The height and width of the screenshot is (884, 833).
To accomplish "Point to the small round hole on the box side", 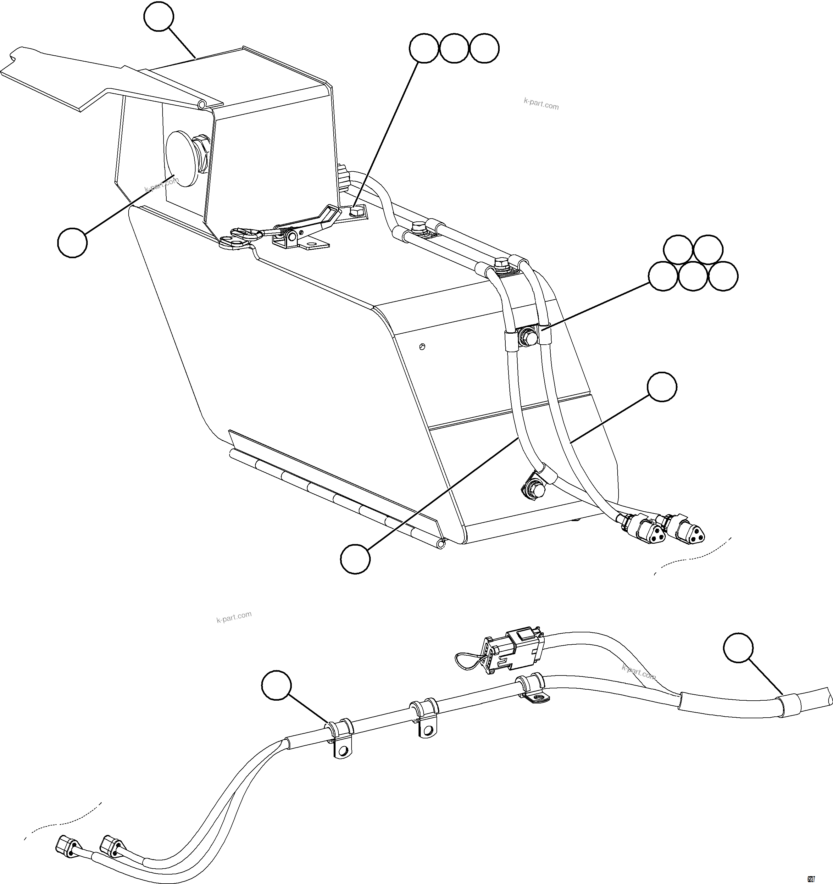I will click(x=422, y=346).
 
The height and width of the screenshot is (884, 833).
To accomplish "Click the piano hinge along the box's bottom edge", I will click(x=334, y=494).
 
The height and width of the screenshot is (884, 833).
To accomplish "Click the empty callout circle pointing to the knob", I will click(x=72, y=242).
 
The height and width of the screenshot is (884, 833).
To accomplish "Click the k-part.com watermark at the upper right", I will click(x=541, y=105).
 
